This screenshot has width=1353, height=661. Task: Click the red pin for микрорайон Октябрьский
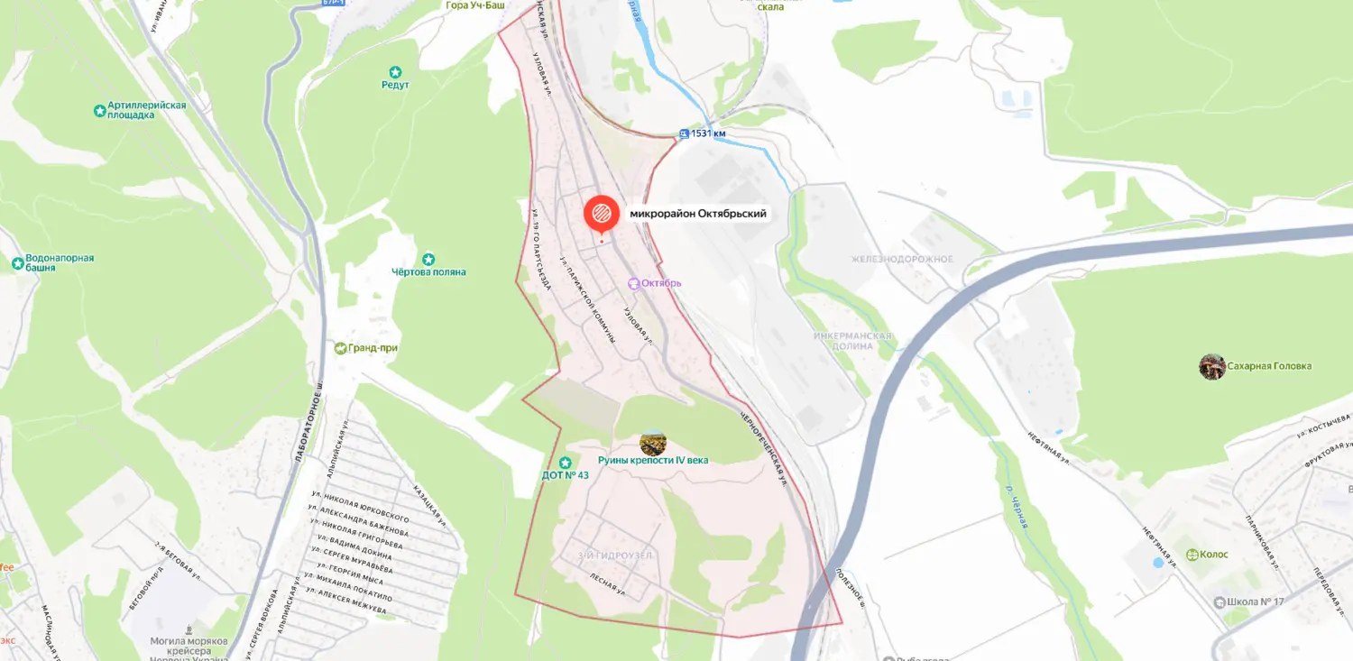coord(601,214)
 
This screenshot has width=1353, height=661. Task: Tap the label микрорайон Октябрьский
coord(698,214)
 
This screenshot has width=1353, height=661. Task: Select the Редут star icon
coord(395,71)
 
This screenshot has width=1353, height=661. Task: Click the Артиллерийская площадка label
coord(146,110)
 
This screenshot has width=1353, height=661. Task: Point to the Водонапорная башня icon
coord(17,263)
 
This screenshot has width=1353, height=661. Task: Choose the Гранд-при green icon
coord(340,348)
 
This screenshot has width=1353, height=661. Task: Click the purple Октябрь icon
coord(634,283)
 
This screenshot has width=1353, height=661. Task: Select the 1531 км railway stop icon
coord(684,133)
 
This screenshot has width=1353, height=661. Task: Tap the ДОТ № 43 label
coord(566,475)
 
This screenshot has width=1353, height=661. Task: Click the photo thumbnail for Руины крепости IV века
coord(653,443)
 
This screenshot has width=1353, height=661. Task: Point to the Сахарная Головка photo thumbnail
coord(1212,366)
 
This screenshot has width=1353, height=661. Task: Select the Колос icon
coord(1192,555)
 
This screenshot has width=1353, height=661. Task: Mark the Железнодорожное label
coord(902,260)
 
